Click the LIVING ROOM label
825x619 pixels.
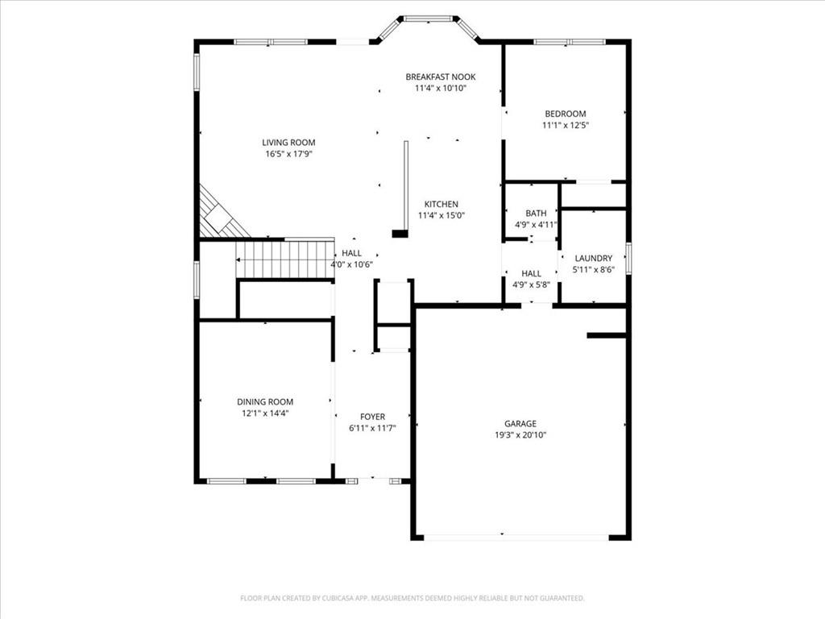click(x=288, y=143)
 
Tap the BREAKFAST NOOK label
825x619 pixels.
click(x=440, y=77)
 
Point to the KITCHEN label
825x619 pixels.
click(x=442, y=204)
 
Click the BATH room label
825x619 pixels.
click(x=536, y=213)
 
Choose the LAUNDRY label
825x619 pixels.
click(x=593, y=258)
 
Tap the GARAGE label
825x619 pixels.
click(x=520, y=423)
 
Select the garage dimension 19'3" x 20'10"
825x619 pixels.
click(x=520, y=434)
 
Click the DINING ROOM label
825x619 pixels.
click(x=265, y=401)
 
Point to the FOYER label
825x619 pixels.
click(x=372, y=416)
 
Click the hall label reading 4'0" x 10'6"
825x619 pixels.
click(x=351, y=264)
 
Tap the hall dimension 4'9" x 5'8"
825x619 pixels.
click(x=531, y=285)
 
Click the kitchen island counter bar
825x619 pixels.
click(x=406, y=185)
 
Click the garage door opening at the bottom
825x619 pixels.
click(x=516, y=537)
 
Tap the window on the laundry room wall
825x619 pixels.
click(x=628, y=258)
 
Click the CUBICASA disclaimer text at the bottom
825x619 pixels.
click(x=412, y=598)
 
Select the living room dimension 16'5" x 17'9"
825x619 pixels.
click(x=288, y=154)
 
